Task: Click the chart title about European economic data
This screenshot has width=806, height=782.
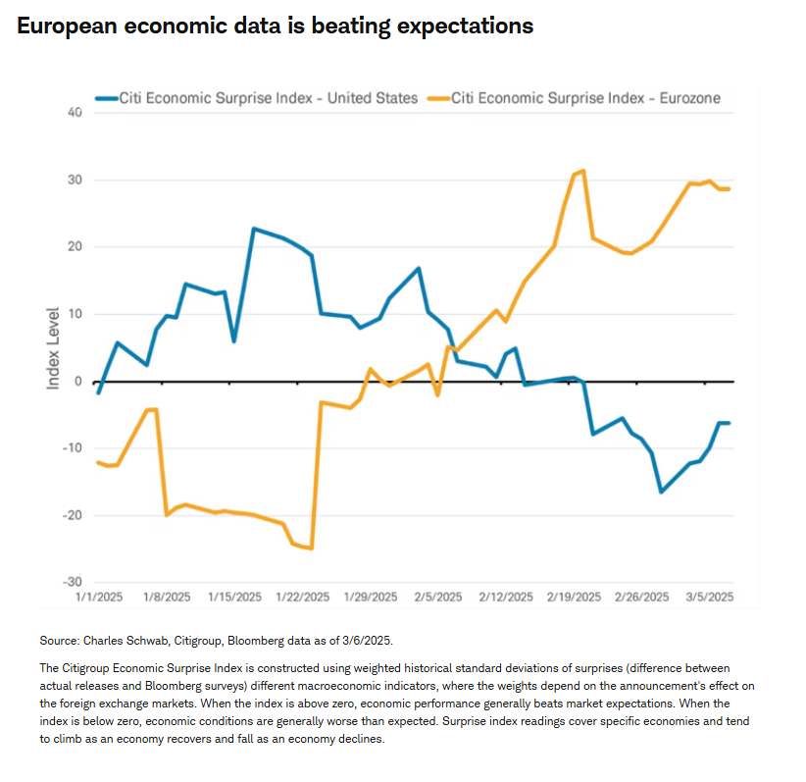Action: point(275,26)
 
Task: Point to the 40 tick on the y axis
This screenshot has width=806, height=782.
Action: point(75,114)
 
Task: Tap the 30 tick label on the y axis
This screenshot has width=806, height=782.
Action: point(75,181)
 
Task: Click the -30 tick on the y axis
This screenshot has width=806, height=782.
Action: point(73,582)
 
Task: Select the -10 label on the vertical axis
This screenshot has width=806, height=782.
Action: point(73,448)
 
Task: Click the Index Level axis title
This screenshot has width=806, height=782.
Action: point(54,346)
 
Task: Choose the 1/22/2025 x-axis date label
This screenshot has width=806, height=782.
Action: point(302,597)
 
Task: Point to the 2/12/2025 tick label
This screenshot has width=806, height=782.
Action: point(506,597)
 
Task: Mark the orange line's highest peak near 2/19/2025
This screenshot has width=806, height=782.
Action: point(583,171)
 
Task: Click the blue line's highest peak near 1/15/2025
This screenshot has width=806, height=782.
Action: point(254,229)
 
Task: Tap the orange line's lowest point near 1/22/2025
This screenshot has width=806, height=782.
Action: point(311,547)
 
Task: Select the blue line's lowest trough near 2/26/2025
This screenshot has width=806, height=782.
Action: point(662,492)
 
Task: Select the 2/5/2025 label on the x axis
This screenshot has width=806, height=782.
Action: point(437,597)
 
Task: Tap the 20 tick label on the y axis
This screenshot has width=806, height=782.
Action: point(75,247)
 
